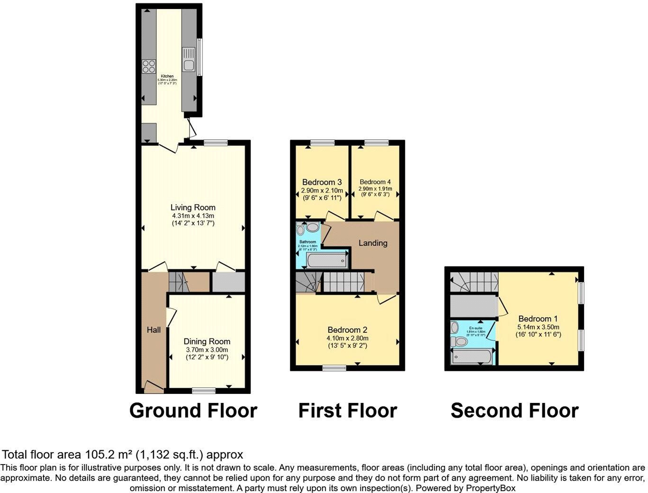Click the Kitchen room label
[x=167, y=76]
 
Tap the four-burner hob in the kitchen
[x=149, y=66]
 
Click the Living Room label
[x=193, y=208]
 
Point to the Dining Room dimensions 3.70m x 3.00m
[x=207, y=350]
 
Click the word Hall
[x=153, y=330]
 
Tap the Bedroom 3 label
[x=322, y=182]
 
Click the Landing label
[x=373, y=243]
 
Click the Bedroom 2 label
[x=347, y=330]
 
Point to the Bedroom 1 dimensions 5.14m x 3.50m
[x=538, y=327]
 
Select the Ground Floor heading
[x=193, y=411]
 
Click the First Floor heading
[x=347, y=411]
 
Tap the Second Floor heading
[x=514, y=411]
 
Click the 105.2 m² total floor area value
[x=110, y=455]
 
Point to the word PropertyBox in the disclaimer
[x=491, y=488]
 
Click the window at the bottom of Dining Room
[x=204, y=391]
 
